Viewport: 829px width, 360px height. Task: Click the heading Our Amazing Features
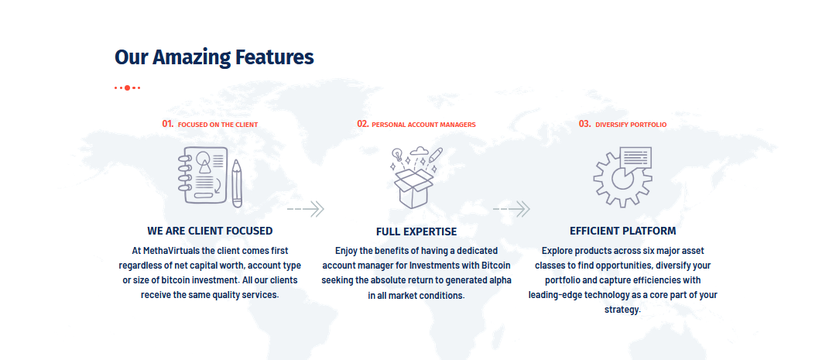coord(214,57)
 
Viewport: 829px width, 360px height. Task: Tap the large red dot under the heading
coord(127,87)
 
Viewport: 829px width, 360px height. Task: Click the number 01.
coord(168,124)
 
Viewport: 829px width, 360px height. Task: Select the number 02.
coord(363,124)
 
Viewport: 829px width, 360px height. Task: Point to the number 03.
coord(584,124)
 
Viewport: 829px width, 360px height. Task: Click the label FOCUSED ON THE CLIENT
coord(218,125)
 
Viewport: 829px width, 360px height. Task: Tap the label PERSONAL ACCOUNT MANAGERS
coord(423,125)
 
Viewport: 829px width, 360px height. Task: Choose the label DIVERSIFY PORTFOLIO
coord(631,125)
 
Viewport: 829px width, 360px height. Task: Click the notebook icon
coord(203,175)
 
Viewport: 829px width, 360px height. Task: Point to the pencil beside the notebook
coord(237,183)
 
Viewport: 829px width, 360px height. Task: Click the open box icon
coord(413,187)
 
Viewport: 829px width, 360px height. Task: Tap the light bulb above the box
coord(396,155)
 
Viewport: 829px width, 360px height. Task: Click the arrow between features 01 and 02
coord(306,209)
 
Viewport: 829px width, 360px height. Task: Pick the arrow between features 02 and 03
coord(511,209)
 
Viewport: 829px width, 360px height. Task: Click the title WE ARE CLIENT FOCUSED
coord(210,231)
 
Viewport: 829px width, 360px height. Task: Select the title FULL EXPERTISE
coord(416,231)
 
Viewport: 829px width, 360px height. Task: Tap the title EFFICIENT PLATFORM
coord(623,231)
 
